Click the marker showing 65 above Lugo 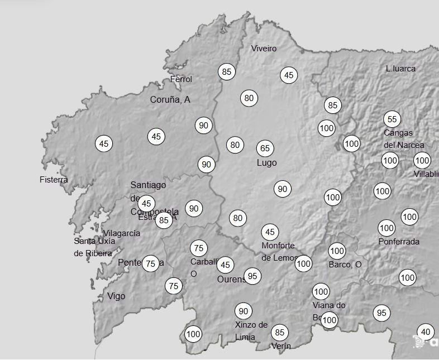click(265, 148)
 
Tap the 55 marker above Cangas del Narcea click(392, 119)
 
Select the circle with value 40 click(426, 332)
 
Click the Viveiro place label click(264, 49)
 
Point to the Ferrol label click(181, 79)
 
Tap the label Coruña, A click(170, 99)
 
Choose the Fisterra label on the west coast click(54, 180)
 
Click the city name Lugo click(266, 163)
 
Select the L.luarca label click(400, 69)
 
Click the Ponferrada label click(399, 242)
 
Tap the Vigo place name click(116, 296)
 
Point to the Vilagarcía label click(122, 233)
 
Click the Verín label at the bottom click(281, 346)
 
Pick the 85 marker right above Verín click(280, 333)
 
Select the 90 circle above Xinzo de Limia click(243, 311)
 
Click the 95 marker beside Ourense click(253, 276)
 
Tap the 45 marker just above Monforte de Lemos click(270, 232)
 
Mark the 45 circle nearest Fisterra click(104, 143)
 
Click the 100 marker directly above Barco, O click(337, 251)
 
